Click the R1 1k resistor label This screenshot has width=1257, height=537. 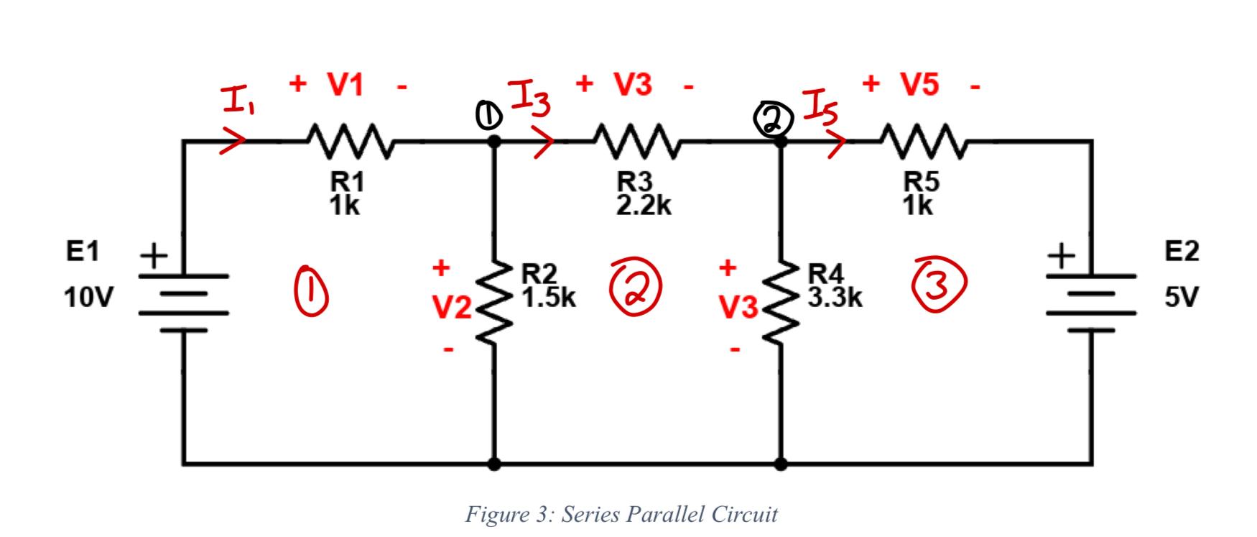click(345, 194)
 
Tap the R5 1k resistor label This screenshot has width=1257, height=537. click(919, 194)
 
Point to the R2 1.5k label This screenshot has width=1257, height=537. click(547, 285)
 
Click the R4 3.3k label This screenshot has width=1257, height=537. click(834, 285)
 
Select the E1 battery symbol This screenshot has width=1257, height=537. click(183, 302)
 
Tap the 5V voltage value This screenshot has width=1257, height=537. click(1182, 297)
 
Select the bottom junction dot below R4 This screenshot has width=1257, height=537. click(781, 464)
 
